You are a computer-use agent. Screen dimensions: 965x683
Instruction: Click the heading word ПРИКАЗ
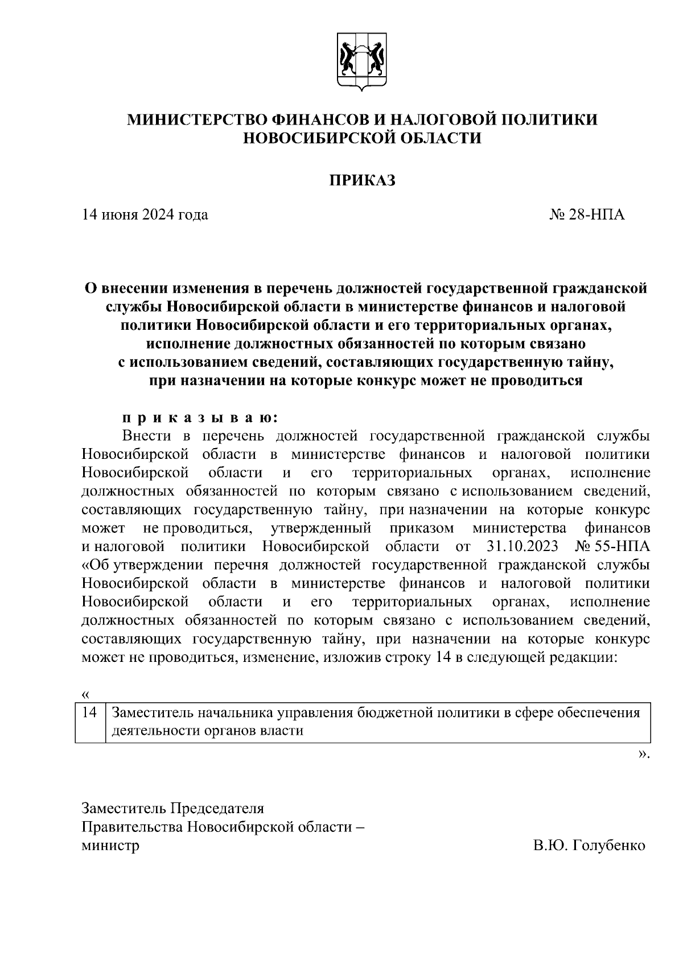362,181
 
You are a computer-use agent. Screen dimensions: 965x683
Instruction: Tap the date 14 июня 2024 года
145,215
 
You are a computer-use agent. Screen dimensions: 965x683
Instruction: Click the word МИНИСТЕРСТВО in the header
197,119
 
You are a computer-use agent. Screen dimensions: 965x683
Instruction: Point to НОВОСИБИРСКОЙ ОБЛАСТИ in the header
362,138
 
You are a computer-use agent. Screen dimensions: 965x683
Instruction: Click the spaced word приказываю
199,418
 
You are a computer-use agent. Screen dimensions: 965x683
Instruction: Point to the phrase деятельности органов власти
208,731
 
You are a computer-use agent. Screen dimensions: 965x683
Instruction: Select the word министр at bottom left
111,846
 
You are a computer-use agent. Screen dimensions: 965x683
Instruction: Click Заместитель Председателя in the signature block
173,809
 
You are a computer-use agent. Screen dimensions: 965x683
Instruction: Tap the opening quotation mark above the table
85,695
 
